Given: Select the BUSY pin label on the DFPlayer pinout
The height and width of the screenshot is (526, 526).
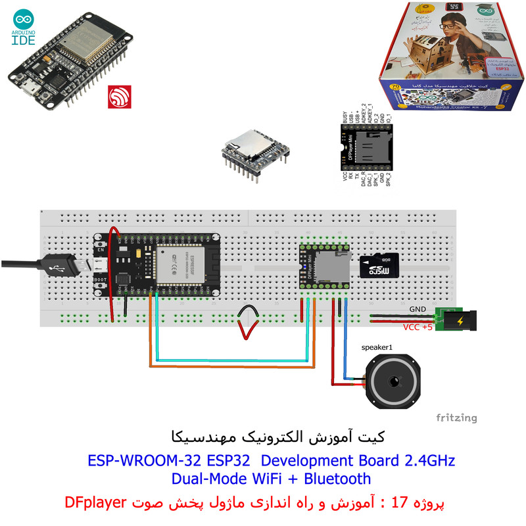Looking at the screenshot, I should (x=345, y=117).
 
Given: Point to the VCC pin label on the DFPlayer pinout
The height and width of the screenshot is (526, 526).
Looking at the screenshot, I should (x=345, y=176).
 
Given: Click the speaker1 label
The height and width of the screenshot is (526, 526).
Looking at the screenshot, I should (x=377, y=347).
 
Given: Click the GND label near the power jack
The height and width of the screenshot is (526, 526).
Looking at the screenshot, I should (x=418, y=308).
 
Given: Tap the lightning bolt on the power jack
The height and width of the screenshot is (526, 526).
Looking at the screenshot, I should (x=457, y=321).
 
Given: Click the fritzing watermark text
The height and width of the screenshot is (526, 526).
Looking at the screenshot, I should (x=456, y=418).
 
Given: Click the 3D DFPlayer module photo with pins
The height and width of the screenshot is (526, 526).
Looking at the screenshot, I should (x=253, y=155).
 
